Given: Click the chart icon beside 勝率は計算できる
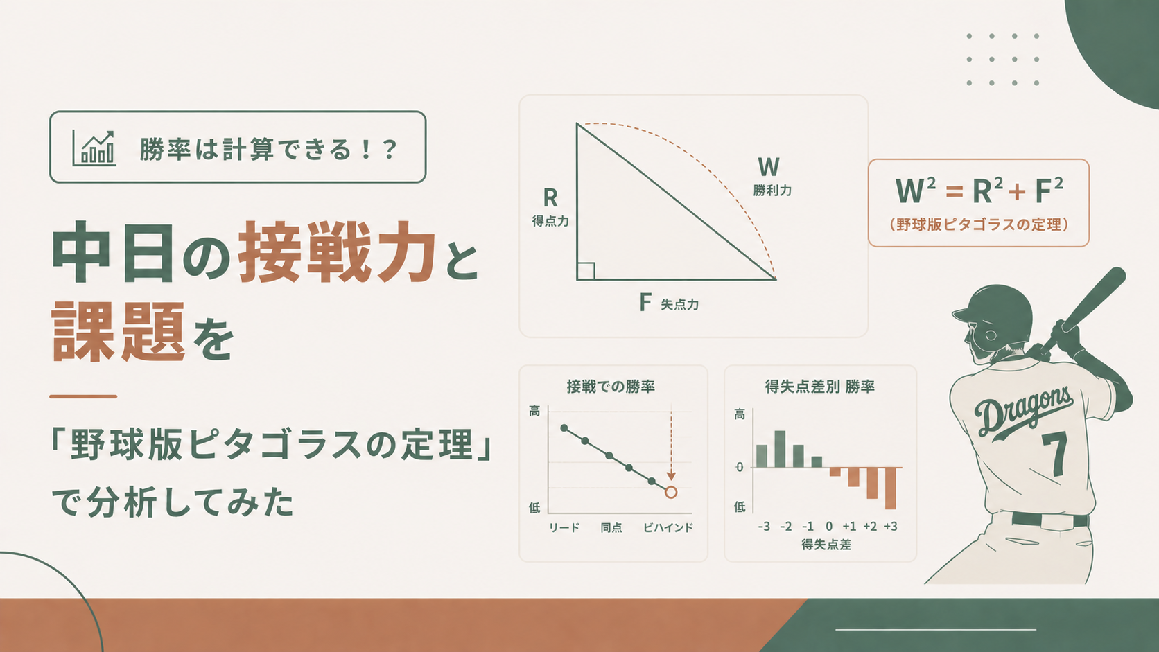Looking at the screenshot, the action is click(94, 148).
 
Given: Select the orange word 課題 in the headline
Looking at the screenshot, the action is click(118, 332).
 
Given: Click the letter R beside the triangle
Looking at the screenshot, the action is click(550, 197).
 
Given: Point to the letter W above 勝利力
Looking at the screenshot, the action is click(768, 167).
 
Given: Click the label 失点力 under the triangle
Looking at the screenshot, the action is click(679, 305).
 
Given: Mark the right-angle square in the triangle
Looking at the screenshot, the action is click(586, 271).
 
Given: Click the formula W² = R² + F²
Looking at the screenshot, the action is click(979, 190).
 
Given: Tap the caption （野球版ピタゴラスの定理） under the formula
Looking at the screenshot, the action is click(979, 225).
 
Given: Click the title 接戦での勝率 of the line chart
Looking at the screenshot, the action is click(611, 387).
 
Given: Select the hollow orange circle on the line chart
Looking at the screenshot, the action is click(670, 492).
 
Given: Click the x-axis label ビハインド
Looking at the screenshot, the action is click(668, 528).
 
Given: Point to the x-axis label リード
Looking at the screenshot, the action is click(564, 528).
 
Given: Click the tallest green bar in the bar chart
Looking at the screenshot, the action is click(780, 449).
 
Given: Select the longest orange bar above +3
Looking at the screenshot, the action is click(891, 488).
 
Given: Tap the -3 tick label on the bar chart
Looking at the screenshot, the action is click(764, 527).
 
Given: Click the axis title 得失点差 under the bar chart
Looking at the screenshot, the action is click(826, 545).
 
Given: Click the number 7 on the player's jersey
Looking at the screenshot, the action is click(1056, 454).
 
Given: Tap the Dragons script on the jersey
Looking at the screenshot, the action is click(1022, 412).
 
